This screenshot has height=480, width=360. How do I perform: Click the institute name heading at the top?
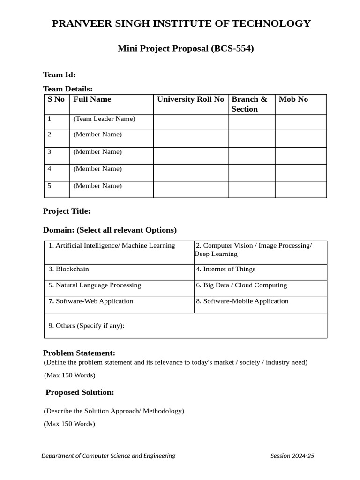tap(181, 23)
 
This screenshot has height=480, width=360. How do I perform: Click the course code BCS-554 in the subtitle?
tap(232, 48)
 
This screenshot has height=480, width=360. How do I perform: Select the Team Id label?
tap(59, 75)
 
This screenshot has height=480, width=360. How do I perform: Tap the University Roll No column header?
tap(190, 99)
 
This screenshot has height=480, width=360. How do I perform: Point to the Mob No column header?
tap(293, 99)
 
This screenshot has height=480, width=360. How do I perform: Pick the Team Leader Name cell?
tap(104, 119)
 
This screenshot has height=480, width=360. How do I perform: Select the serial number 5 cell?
tap(50, 186)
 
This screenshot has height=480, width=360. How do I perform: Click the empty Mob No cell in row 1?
tap(300, 122)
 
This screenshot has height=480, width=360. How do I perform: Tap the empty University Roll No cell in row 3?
tap(190, 156)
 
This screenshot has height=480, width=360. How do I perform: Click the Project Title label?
tap(67, 211)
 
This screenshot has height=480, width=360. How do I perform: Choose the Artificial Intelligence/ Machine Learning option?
tap(112, 246)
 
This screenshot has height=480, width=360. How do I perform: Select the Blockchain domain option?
tap(68, 270)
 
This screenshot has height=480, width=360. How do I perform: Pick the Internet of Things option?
tap(225, 270)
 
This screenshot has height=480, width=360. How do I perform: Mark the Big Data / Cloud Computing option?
tap(241, 285)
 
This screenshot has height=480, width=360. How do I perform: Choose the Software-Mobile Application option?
tap(242, 301)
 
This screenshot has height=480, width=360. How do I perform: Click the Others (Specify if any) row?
tap(86, 326)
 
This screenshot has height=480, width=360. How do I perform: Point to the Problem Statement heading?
tap(79, 353)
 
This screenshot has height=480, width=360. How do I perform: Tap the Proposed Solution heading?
tap(80, 392)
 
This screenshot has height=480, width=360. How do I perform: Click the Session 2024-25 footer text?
tap(292, 456)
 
